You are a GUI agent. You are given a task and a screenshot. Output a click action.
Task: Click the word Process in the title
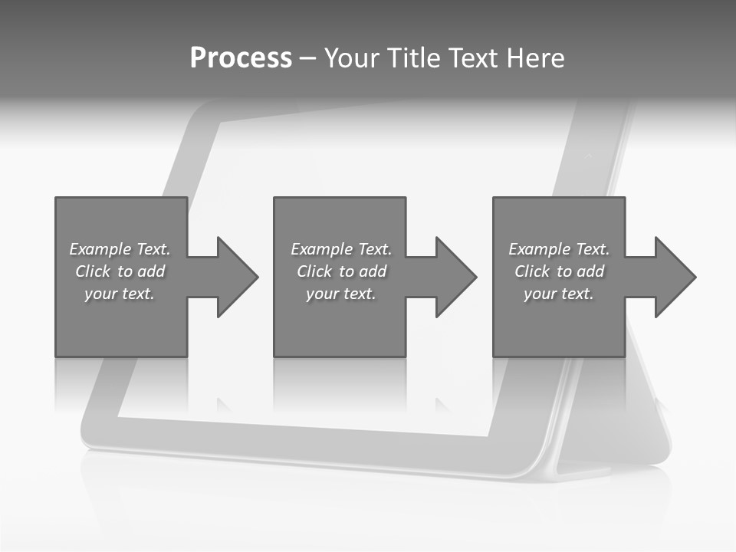click(241, 58)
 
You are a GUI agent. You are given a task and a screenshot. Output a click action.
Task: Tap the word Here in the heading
click(536, 58)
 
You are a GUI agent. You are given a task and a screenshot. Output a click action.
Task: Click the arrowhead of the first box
click(236, 277)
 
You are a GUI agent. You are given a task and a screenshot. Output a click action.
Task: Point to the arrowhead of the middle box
click(455, 277)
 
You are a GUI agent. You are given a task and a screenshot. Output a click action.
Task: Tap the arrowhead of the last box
click(675, 277)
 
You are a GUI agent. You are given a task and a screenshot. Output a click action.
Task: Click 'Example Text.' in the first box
click(120, 249)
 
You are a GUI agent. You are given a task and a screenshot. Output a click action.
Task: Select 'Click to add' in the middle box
click(341, 271)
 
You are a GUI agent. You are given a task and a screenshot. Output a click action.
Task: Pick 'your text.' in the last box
click(559, 294)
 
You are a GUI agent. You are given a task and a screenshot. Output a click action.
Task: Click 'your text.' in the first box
click(120, 294)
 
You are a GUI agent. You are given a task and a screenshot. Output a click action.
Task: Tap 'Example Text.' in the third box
click(559, 249)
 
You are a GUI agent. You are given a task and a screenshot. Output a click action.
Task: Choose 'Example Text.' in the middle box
click(341, 249)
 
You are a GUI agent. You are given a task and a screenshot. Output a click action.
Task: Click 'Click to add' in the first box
click(120, 271)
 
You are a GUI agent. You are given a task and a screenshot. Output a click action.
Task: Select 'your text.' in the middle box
click(341, 294)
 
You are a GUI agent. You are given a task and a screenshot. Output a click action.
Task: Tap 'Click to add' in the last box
click(559, 271)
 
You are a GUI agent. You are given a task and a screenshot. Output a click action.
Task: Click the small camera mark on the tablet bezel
click(589, 156)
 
